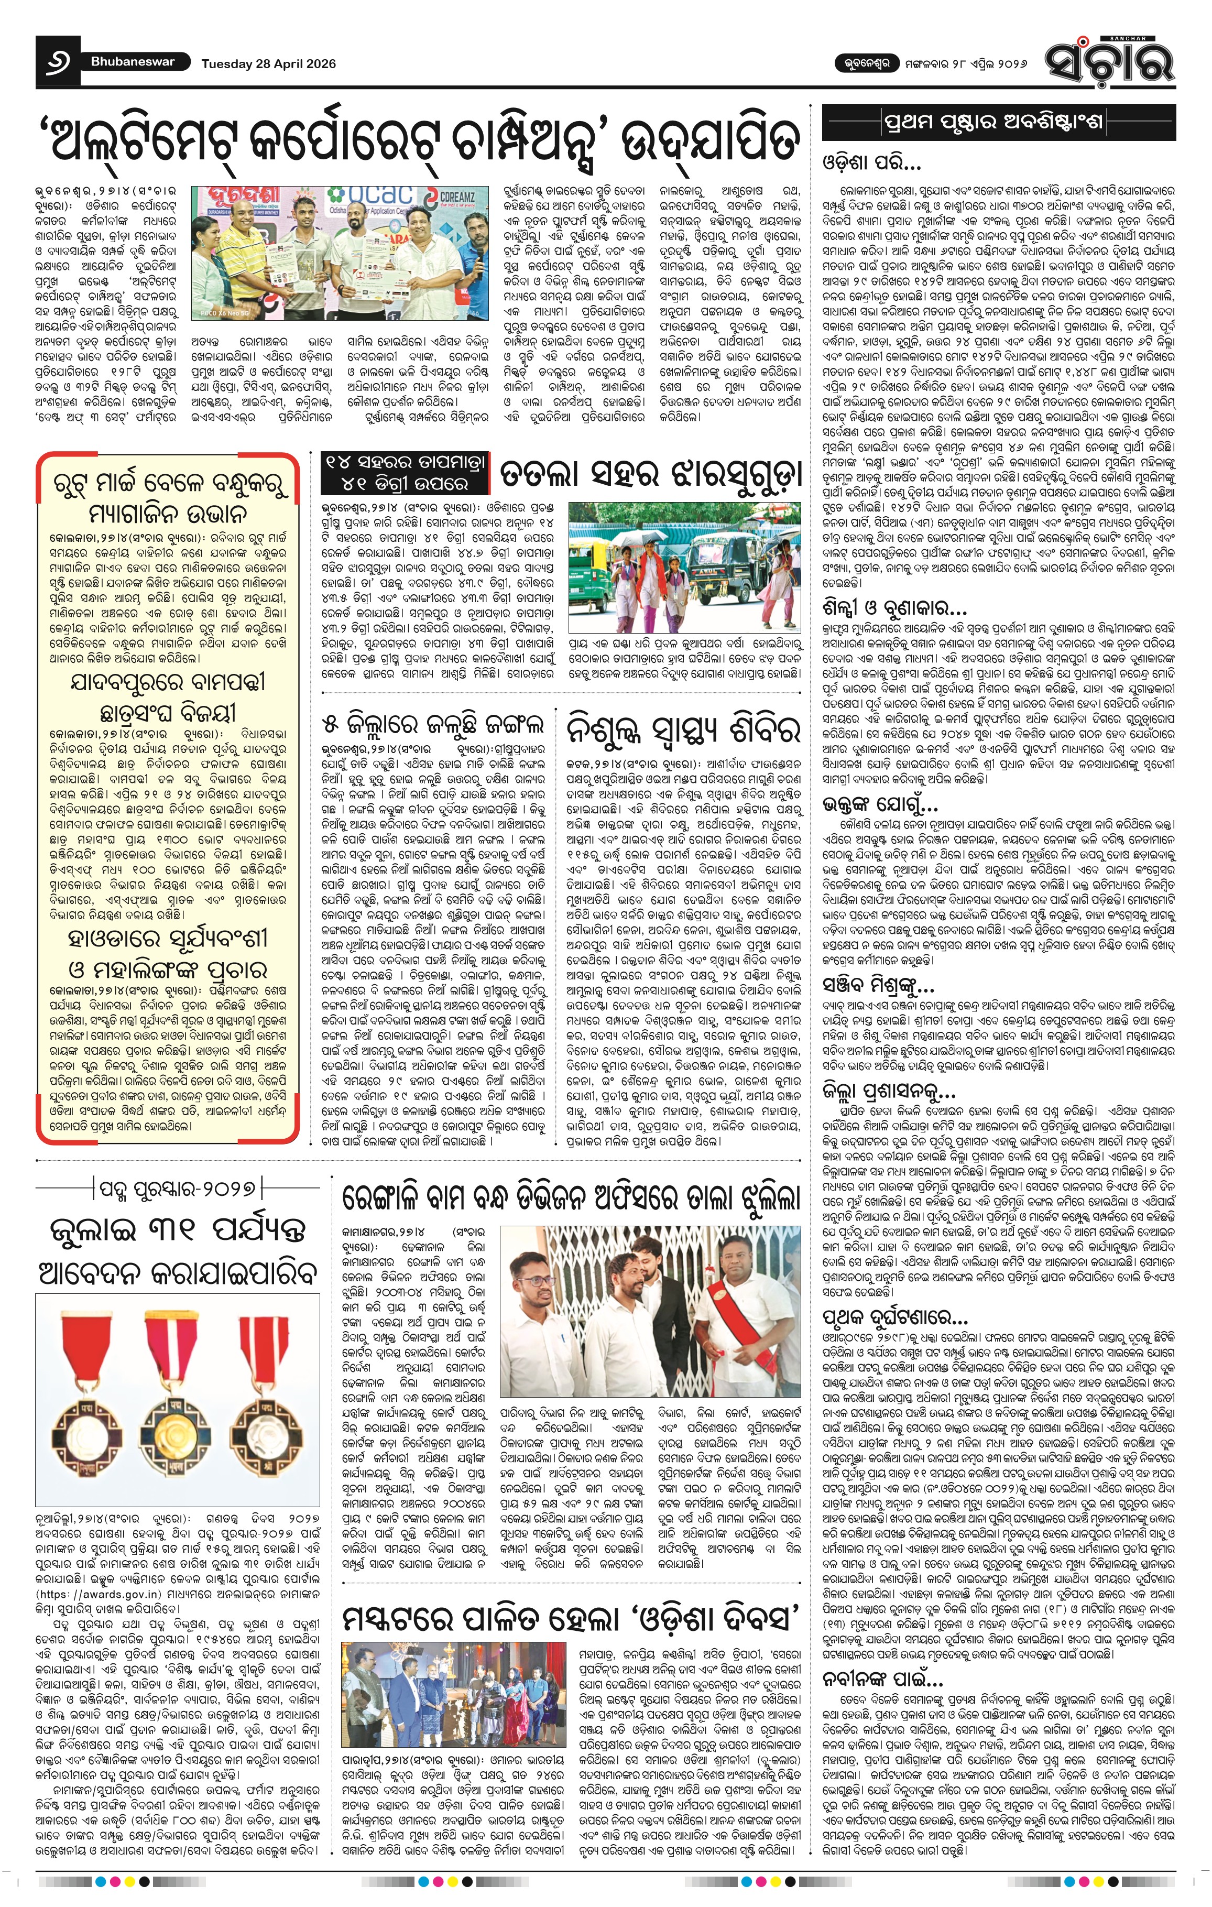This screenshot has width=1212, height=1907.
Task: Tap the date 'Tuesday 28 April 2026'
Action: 268,64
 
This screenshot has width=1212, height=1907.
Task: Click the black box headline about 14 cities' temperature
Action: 403,473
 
